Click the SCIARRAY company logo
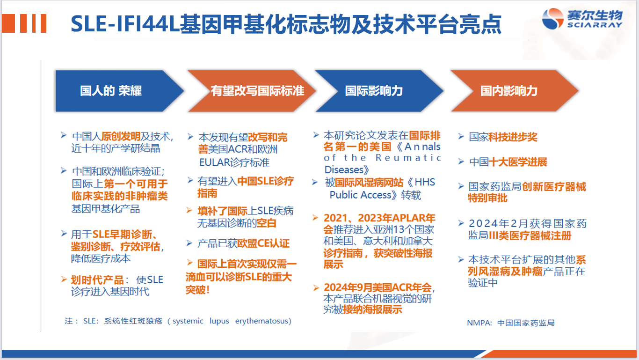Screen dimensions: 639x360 582,19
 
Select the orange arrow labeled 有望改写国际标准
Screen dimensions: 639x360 252,91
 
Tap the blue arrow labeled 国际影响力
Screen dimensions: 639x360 379,91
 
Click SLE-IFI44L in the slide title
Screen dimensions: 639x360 125,24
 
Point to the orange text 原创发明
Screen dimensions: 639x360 121,137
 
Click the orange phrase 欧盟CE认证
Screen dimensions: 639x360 263,243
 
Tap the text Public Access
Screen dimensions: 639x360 361,195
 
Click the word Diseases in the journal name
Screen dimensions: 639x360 344,170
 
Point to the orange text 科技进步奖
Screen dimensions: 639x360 513,137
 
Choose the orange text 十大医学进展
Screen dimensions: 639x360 518,162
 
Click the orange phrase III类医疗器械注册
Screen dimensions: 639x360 530,236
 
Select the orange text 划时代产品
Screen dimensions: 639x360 97,280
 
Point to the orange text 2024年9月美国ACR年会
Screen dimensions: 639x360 378,287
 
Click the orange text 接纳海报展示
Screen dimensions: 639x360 372,309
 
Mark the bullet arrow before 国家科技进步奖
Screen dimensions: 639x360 461,137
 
